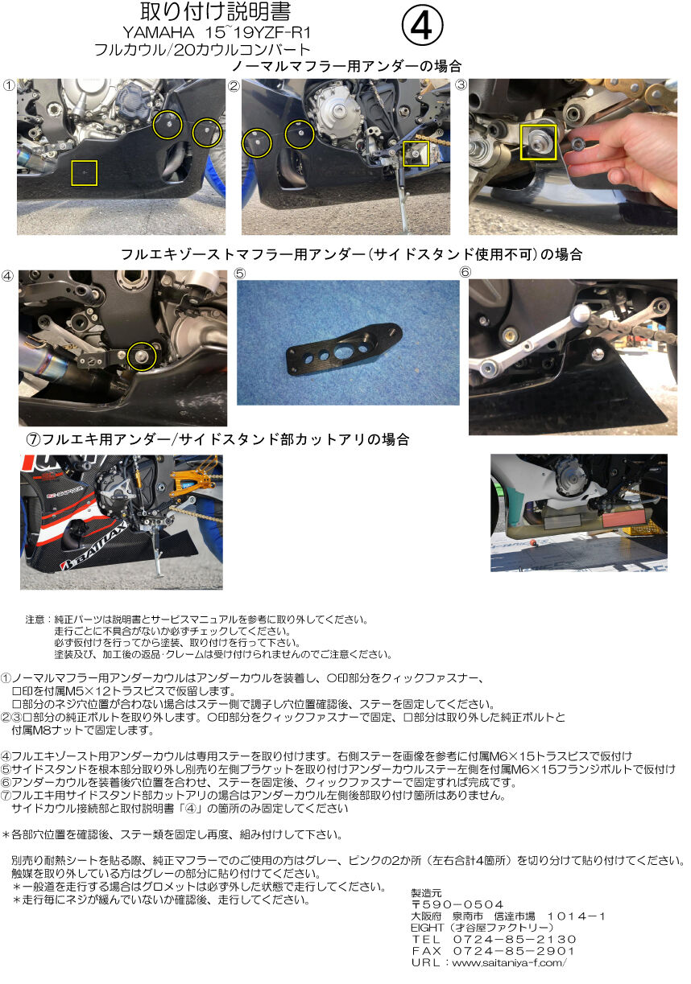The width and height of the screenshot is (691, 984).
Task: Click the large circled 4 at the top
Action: [x=422, y=26]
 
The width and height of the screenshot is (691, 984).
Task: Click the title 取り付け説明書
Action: [x=216, y=12]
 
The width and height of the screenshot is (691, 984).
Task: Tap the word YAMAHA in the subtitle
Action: [x=159, y=33]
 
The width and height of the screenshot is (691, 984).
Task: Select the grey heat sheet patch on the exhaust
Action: [x=562, y=521]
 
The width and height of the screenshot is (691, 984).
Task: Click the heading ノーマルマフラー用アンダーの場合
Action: [x=346, y=66]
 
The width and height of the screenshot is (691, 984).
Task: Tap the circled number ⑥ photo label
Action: [x=465, y=272]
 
